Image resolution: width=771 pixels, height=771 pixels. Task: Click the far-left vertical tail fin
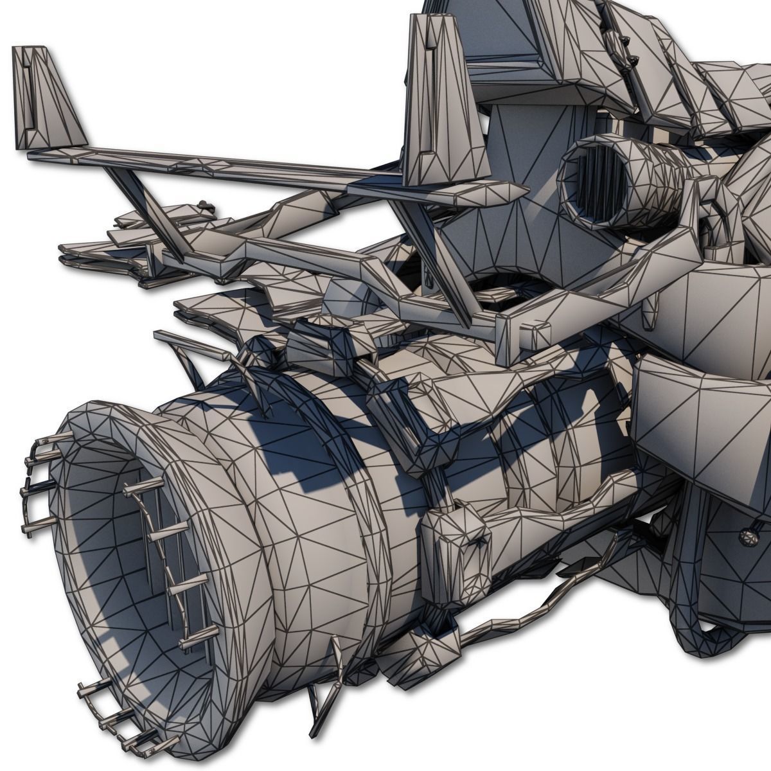click(x=48, y=103)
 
